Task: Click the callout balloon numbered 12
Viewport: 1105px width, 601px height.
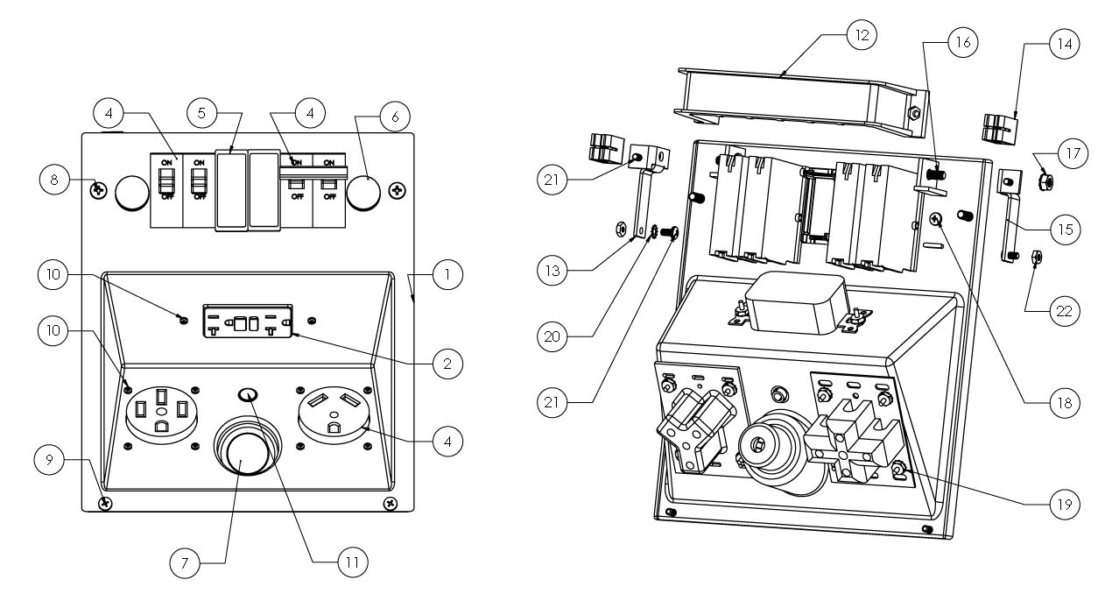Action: (x=861, y=36)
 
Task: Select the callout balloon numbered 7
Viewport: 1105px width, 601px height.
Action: (x=184, y=563)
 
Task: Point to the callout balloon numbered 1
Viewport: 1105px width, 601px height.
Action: (x=447, y=274)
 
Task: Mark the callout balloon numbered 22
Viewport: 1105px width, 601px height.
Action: (x=1062, y=310)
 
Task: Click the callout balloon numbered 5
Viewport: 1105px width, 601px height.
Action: (x=203, y=114)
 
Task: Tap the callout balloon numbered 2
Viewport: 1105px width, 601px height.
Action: (x=447, y=362)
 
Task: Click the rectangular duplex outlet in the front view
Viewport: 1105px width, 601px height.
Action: (x=249, y=322)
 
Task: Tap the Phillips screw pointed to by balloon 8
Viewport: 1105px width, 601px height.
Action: (x=100, y=189)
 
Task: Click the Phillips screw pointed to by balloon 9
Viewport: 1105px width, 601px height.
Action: (x=105, y=503)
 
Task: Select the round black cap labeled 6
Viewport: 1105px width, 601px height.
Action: (x=364, y=193)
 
